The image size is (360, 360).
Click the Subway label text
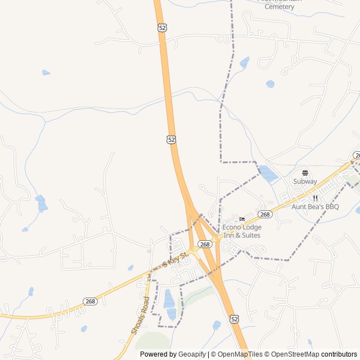click(305, 181)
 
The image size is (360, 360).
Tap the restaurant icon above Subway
click(305, 173)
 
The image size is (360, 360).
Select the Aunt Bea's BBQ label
click(315, 206)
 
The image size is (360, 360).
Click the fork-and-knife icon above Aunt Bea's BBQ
click(315, 198)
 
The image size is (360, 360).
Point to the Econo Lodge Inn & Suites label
click(242, 231)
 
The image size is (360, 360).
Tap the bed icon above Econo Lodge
click(242, 219)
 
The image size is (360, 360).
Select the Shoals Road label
click(139, 315)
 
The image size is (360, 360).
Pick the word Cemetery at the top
click(279, 7)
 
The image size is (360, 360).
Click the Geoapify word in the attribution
click(191, 354)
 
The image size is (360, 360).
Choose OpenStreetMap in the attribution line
click(293, 354)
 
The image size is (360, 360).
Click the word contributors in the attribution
click(339, 354)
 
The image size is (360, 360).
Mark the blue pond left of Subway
click(268, 174)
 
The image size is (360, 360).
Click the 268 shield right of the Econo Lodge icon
click(265, 214)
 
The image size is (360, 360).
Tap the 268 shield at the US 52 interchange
click(205, 244)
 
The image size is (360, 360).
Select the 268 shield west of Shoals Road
click(90, 301)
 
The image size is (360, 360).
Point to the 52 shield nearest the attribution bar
click(234, 319)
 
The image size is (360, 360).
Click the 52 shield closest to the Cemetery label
click(162, 28)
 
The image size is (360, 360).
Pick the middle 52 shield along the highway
click(171, 139)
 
